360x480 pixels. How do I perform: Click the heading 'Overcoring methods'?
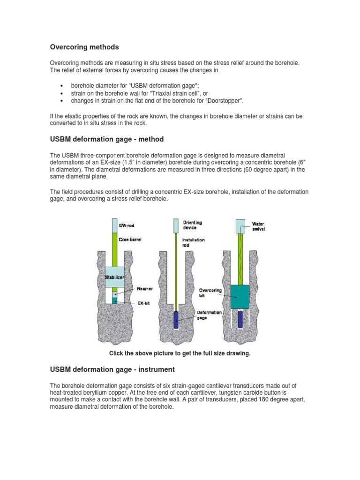pos(84,47)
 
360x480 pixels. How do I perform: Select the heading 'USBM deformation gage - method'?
pos(107,139)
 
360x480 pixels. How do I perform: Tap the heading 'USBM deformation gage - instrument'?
pos(112,369)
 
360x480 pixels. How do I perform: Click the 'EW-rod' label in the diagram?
pos(127,225)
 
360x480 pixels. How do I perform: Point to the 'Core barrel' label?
pos(130,239)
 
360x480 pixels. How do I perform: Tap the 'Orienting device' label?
pos(193,225)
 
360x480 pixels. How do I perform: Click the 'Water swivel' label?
pos(258,226)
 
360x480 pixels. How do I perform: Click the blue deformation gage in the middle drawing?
pos(176,320)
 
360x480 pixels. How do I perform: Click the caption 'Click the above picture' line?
pos(180,353)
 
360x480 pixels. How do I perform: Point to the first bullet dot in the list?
pos(62,86)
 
